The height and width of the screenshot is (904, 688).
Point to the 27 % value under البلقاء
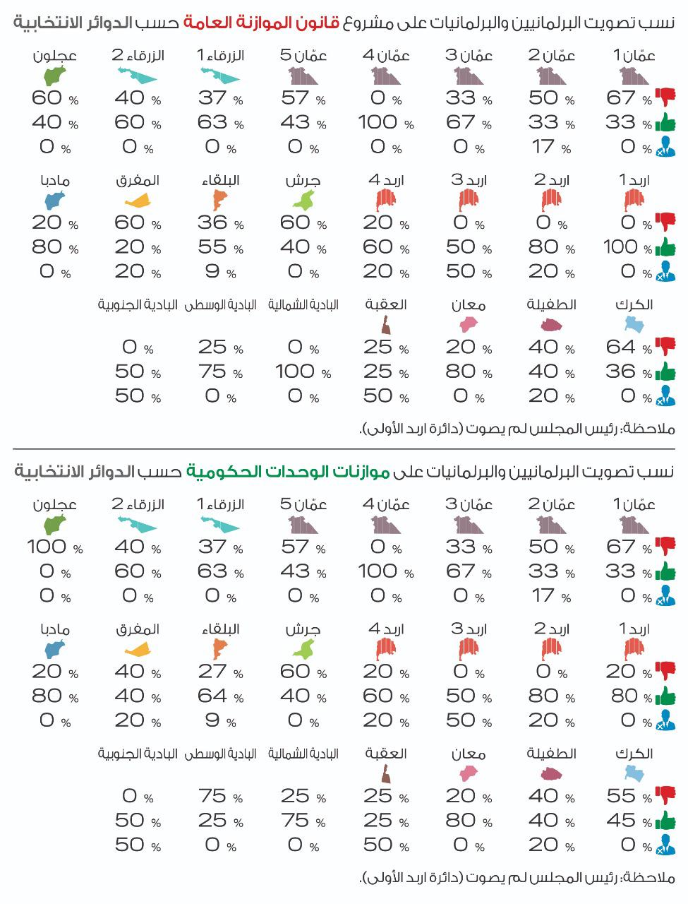pyautogui.click(x=218, y=672)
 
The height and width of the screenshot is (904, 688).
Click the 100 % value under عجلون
pyautogui.click(x=54, y=547)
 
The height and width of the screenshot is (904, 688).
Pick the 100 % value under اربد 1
pyautogui.click(x=627, y=247)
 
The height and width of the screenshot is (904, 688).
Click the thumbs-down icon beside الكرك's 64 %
pyautogui.click(x=665, y=346)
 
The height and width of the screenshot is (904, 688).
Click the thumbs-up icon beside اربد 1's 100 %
pyautogui.click(x=665, y=247)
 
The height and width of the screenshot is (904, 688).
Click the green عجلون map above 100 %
pyautogui.click(x=54, y=525)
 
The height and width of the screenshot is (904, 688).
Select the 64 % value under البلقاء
pyautogui.click(x=218, y=696)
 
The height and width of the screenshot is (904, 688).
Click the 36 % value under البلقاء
pyautogui.click(x=218, y=223)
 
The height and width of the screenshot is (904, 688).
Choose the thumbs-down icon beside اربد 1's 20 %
pyautogui.click(x=665, y=670)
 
